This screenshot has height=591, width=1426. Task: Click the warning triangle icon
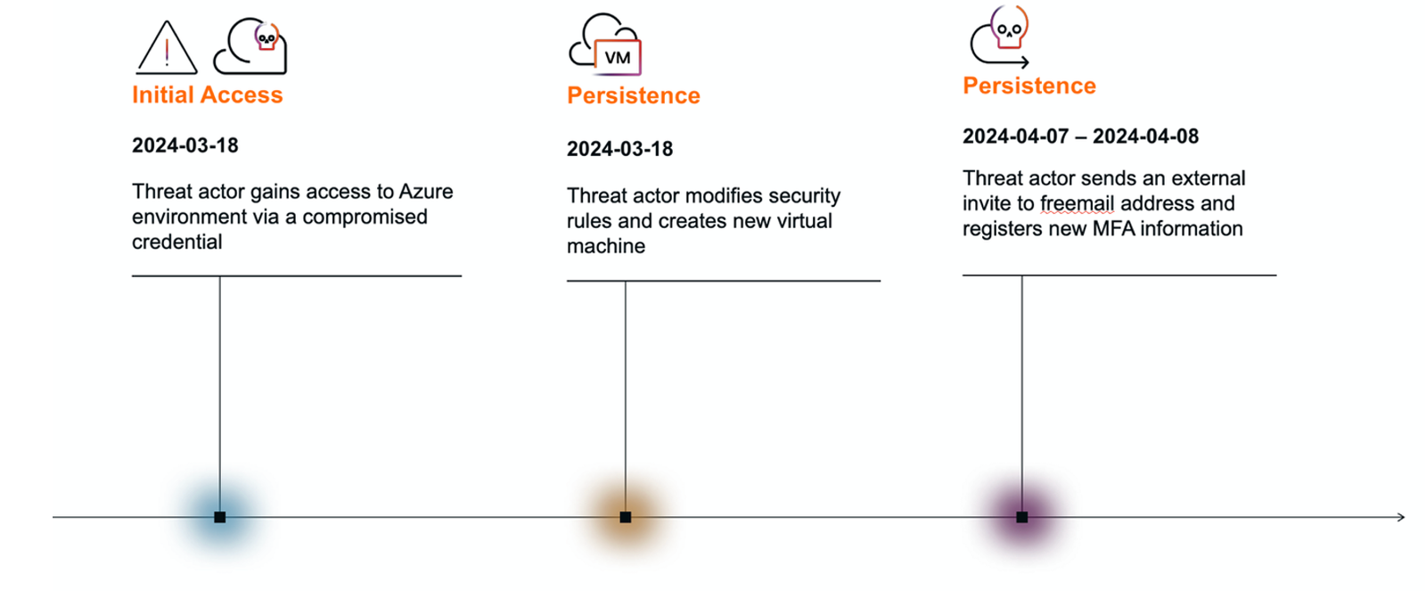coord(166,48)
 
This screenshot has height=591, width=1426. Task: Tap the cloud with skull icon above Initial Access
coord(250,45)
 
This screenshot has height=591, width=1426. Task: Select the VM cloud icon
coord(605,45)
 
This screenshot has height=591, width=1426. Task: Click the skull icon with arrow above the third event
coord(1000,36)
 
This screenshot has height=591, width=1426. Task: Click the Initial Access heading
coord(208,94)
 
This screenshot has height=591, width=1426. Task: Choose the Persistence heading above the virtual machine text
coord(634,95)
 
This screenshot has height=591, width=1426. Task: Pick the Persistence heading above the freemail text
coord(1029,86)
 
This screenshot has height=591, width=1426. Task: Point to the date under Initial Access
coord(185,145)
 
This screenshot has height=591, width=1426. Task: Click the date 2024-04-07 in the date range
coord(1015,136)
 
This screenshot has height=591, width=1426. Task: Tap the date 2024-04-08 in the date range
coord(1146,136)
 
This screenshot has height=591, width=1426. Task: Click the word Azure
coord(426,192)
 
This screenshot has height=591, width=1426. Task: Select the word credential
coord(177,242)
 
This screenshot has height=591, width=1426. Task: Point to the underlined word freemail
coord(1078,204)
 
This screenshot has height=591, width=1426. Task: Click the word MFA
coord(1113,228)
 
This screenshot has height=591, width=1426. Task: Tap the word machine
coord(606,246)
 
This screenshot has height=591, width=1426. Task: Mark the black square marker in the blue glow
coord(219,517)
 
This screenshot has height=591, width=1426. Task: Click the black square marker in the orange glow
coord(625,517)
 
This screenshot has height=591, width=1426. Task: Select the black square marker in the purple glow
coord(1021,517)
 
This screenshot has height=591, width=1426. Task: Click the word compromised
coord(365,218)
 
